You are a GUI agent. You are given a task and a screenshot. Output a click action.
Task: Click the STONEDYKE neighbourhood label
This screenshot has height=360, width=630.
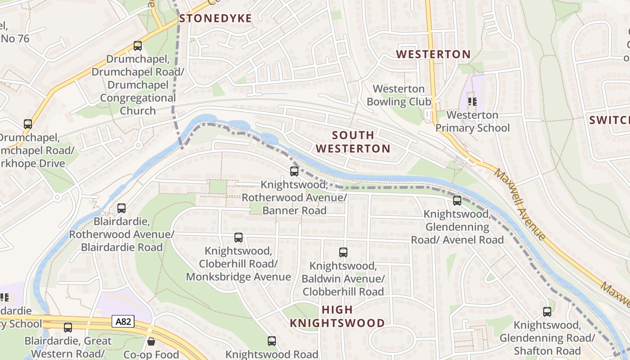(215, 18)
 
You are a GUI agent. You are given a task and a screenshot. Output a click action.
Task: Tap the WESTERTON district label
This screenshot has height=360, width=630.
(433, 54)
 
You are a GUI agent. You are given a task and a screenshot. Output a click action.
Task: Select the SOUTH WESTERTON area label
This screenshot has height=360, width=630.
(353, 142)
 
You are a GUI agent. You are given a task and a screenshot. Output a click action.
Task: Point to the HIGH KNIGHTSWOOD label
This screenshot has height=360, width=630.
(337, 316)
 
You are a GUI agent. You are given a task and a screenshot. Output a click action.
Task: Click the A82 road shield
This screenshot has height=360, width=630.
(123, 321)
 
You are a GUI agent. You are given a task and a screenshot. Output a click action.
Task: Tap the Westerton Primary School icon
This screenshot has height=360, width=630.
(472, 101)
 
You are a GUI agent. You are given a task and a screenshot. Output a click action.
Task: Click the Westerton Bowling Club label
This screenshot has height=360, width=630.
(399, 95)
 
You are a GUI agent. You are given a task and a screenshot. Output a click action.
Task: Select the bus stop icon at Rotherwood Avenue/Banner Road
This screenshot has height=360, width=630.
(294, 171)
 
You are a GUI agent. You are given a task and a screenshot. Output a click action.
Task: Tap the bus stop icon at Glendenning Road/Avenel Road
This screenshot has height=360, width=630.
(457, 201)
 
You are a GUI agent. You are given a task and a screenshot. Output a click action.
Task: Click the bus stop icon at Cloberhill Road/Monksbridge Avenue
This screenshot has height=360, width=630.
(238, 238)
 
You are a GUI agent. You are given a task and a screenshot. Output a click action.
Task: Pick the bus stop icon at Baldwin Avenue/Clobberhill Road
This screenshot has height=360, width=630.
(343, 252)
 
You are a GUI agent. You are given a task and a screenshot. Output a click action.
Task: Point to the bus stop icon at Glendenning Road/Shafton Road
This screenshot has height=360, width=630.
(547, 311)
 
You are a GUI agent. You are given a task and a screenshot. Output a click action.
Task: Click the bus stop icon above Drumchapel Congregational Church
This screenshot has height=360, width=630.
(138, 46)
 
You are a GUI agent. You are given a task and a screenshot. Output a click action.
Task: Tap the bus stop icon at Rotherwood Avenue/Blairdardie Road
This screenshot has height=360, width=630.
(121, 208)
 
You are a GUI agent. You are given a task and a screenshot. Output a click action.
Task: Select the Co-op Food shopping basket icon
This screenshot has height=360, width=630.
(151, 342)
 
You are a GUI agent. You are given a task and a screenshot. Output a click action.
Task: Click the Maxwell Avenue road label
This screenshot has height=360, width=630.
(520, 204)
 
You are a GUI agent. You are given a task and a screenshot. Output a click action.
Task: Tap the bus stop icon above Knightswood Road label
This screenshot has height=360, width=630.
(272, 341)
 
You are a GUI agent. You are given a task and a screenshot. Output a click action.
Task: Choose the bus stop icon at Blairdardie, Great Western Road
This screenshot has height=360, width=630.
(68, 328)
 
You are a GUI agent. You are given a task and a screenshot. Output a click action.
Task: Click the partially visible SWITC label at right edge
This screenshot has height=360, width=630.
(609, 120)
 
